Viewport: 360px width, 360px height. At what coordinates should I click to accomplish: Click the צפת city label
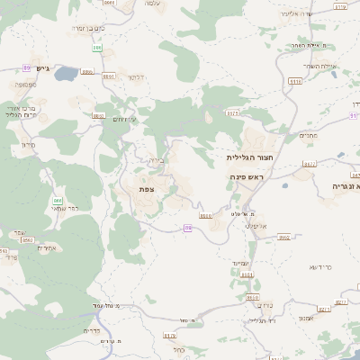click(x=147, y=190)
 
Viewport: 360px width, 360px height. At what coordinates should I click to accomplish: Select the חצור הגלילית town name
click(x=247, y=157)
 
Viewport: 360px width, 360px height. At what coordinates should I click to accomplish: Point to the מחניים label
click(x=310, y=136)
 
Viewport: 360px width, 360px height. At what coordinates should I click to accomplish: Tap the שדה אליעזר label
click(x=320, y=14)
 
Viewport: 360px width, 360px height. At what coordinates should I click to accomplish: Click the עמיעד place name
click(x=250, y=262)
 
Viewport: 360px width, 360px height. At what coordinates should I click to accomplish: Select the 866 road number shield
click(x=58, y=201)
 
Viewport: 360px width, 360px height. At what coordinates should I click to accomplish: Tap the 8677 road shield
click(x=309, y=165)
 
